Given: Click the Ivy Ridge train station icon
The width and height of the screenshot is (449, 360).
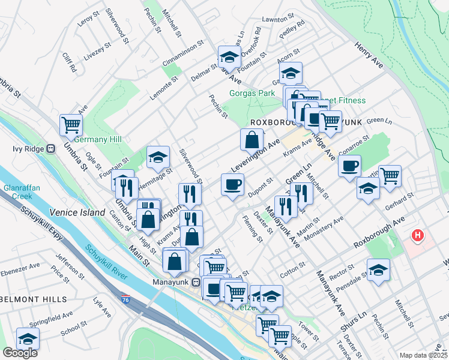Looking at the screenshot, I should coord(51,149).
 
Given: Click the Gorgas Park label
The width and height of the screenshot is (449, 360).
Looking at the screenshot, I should coord(252,93).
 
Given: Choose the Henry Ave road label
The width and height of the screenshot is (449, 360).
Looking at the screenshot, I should coord(369,53).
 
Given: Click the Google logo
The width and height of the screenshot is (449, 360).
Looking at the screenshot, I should coord(20,353).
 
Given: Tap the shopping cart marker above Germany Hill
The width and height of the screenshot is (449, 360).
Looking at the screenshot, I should coord(71,125).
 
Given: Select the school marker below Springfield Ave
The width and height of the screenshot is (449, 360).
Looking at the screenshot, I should coord(28,338).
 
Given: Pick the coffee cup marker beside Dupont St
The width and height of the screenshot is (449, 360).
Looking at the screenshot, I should coord(232,184).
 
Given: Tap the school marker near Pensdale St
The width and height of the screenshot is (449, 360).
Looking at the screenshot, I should coord(378,269).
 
